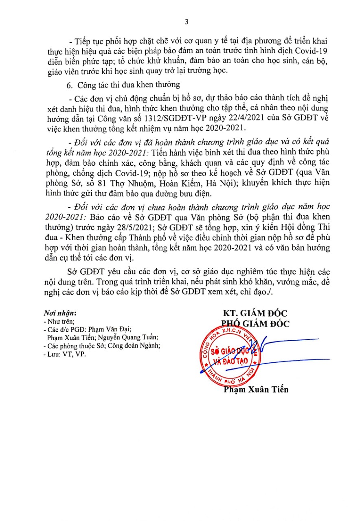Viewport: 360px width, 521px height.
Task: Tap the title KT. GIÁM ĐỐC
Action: [x=255, y=313]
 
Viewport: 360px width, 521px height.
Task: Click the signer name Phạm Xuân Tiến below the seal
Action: [x=256, y=390]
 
